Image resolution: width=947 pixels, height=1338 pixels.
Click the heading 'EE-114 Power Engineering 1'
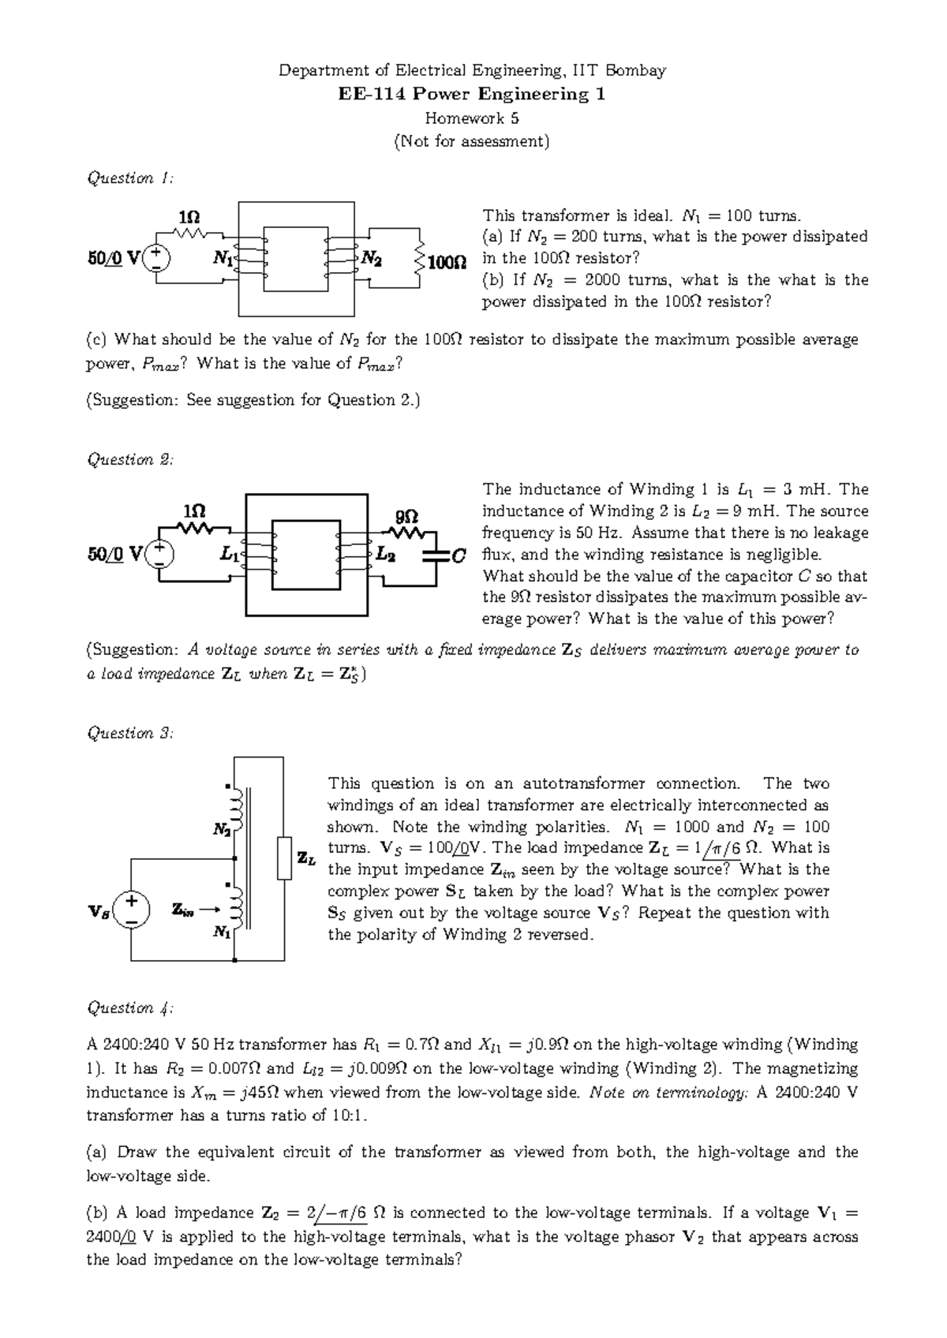472,95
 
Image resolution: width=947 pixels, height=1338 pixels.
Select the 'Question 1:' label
129,178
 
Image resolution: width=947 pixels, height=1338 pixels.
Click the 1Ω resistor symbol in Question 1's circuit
189,233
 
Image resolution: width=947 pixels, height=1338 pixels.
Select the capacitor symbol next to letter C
435,556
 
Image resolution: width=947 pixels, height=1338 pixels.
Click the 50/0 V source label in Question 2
114,555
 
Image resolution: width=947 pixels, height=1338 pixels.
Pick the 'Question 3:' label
129,734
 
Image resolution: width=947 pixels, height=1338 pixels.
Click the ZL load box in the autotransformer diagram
285,858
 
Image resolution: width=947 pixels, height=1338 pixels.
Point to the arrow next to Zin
209,910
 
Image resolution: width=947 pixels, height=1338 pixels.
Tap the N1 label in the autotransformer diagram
221,932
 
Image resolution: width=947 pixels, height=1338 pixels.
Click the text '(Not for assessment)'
472,142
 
